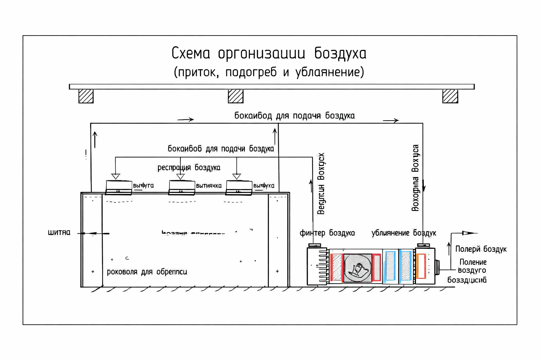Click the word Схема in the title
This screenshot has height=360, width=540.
[x=191, y=54]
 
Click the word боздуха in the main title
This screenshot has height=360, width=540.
[x=340, y=54]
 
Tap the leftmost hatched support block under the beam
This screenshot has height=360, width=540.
[x=86, y=96]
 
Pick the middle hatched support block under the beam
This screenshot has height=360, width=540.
[x=236, y=96]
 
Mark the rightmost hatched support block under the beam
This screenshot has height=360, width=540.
[x=450, y=96]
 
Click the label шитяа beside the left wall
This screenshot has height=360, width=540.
[x=59, y=233]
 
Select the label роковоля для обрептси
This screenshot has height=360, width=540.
[x=147, y=272]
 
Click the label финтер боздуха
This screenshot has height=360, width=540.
[x=327, y=233]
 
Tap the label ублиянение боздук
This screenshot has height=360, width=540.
[x=404, y=233]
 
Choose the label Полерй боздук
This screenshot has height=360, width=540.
[x=481, y=249]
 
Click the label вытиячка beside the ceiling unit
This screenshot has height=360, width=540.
[x=208, y=186]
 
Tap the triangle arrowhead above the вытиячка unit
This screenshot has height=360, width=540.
[x=180, y=176]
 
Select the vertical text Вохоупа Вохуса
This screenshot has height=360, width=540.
[x=415, y=178]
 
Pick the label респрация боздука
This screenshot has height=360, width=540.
[x=189, y=168]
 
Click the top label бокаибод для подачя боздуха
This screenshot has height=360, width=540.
[x=294, y=116]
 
